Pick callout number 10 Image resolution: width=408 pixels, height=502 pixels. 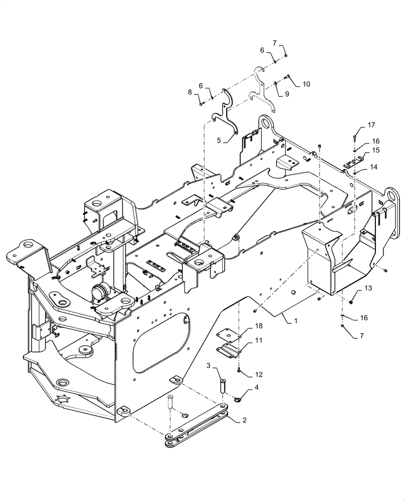click(x=307, y=84)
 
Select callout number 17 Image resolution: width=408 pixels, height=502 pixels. click(x=371, y=124)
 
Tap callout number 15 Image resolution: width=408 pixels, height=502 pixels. click(x=376, y=150)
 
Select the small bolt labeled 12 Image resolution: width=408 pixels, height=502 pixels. click(x=240, y=371)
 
